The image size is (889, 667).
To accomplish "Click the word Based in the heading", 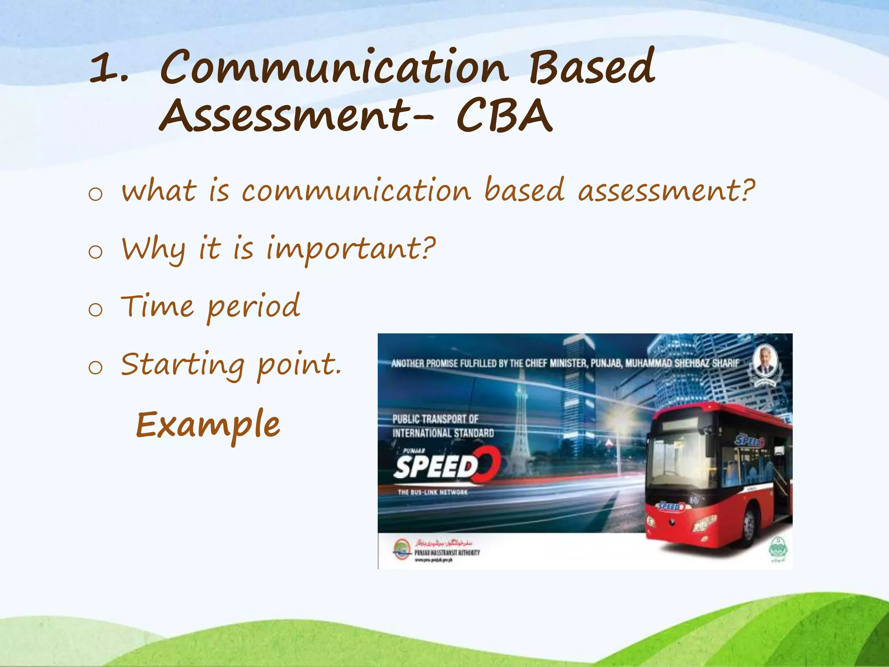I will tap(591, 67).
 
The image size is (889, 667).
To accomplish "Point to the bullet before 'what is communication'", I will tap(95, 193).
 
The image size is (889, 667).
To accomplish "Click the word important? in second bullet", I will tap(350, 249).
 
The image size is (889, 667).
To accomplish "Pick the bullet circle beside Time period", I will tap(95, 310).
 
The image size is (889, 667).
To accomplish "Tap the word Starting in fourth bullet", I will tap(182, 365).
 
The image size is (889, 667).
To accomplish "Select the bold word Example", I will tap(208, 425).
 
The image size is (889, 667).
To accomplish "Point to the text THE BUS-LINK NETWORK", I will tap(432, 492).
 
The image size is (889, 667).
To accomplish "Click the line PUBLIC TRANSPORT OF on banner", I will tap(435, 419).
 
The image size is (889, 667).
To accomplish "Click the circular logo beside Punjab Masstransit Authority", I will tap(402, 548).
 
